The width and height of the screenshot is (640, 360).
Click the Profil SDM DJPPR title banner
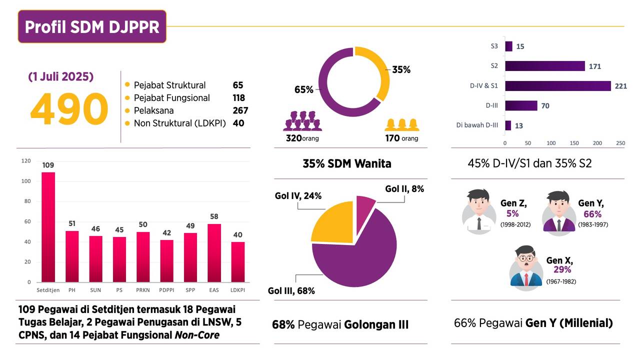point(92,26)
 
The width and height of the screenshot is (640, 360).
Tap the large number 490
point(69,109)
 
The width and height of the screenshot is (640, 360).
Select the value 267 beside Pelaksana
point(240,110)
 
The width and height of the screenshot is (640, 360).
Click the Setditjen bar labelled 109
point(48,227)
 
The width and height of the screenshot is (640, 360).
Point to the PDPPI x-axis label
point(167,290)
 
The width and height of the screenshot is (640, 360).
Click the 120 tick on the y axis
point(26,161)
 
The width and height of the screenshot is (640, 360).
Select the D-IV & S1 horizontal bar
point(558,86)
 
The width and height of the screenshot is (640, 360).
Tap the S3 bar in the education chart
point(508,46)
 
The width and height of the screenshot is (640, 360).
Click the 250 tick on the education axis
point(620,143)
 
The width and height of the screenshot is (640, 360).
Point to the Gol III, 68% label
point(291,290)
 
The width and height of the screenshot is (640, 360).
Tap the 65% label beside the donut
point(304,90)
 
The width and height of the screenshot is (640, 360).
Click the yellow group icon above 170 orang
point(401,124)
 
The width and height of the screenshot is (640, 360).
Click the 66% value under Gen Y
point(592,214)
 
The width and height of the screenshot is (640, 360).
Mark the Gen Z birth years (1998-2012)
point(515,224)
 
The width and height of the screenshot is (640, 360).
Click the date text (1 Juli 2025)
point(61,77)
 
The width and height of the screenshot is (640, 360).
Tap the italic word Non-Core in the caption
point(197,335)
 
